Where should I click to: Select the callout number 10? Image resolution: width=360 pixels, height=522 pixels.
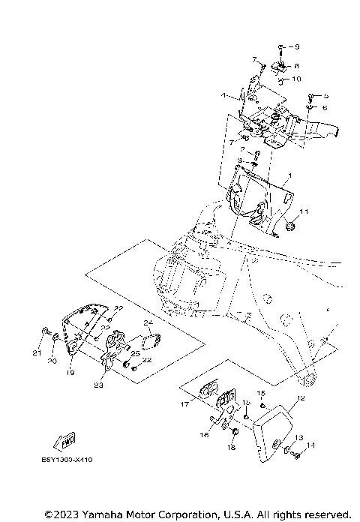[x=298, y=79]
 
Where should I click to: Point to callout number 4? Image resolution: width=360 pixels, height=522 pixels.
[x=223, y=96]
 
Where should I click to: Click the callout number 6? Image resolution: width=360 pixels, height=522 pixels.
[x=326, y=107]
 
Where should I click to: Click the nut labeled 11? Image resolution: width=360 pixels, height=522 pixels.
[x=289, y=226]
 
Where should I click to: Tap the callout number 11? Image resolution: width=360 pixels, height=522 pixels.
[x=304, y=211]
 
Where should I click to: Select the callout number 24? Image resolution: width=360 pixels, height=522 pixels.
[x=148, y=323]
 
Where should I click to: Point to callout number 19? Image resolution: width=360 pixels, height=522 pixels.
[x=70, y=372]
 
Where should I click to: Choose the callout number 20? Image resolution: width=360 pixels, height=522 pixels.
[x=52, y=361]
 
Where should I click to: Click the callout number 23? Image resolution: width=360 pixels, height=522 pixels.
[x=99, y=387]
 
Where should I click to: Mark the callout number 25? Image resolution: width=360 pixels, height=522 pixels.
[x=136, y=352]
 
